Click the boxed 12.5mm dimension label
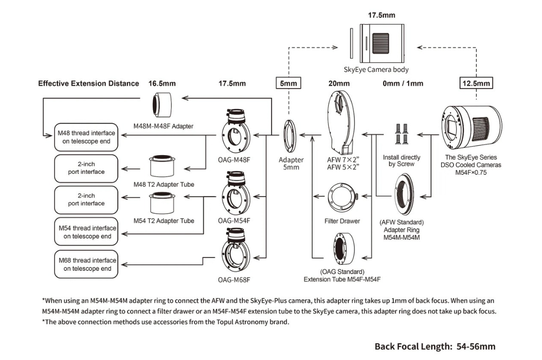pos(476,83)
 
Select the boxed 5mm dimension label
pos(288,83)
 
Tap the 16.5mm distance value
pos(162,83)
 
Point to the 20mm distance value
pos(339,83)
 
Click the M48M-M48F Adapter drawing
pos(162,105)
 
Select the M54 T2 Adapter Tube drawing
pos(162,204)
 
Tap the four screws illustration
pos(401,133)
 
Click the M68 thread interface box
pos(86,264)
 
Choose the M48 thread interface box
pos(86,137)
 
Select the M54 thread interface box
pos(86,231)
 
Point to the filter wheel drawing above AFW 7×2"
pos(341,123)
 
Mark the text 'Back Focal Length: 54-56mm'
pos(435,347)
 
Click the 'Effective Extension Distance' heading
pos(89,83)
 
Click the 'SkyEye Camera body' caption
pos(376,69)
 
